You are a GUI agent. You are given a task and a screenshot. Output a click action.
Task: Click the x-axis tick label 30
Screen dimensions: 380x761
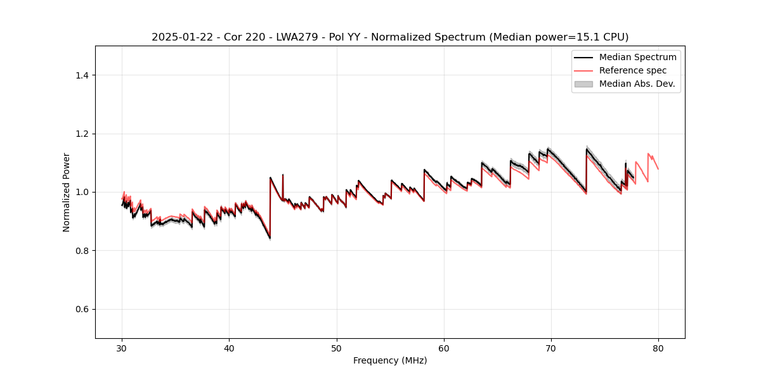coord(122,348)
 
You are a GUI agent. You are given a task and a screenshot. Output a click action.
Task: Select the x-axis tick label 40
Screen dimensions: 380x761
coord(230,348)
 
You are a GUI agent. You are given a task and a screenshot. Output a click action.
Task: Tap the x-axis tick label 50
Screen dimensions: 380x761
coord(337,348)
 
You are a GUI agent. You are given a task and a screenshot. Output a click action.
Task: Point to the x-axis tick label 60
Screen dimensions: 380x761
coord(444,348)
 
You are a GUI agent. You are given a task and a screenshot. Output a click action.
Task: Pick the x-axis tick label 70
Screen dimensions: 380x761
coord(551,348)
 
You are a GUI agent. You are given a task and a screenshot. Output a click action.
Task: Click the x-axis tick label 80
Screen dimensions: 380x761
coord(658,348)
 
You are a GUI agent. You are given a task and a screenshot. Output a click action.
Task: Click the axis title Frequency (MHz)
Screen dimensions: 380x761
coord(390,360)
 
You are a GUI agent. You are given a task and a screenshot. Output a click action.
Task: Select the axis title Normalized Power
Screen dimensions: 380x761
coord(67,192)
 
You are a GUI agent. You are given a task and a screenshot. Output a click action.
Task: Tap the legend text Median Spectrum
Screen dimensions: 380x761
coord(637,57)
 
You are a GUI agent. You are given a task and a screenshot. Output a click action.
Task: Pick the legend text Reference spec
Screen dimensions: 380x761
coord(633,70)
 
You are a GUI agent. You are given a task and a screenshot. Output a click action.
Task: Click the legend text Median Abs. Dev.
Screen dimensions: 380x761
coord(637,84)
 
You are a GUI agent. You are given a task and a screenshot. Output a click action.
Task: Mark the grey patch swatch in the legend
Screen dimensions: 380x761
coord(583,84)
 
